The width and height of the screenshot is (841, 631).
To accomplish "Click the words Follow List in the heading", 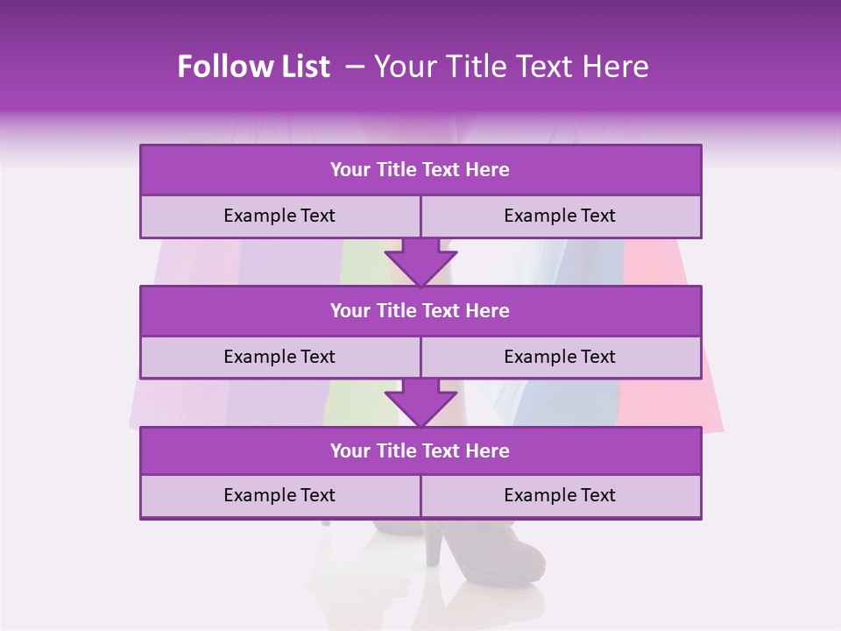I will [253, 67].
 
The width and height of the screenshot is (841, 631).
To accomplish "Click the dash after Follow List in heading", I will [355, 67].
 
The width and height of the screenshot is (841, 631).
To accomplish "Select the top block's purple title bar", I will [420, 170].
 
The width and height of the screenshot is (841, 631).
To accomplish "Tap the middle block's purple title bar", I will [420, 311].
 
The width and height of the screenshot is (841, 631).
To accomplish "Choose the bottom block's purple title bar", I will [420, 451].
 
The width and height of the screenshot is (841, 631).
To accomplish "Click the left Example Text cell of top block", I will [279, 216].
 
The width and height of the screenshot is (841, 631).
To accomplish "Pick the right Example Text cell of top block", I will [561, 216].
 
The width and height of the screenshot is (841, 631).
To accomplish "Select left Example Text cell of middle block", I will [279, 358].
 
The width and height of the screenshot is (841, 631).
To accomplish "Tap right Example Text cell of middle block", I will [561, 358].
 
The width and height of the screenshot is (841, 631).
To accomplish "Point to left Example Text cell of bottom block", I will [279, 496].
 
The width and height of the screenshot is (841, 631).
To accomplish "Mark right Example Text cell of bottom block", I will [561, 496].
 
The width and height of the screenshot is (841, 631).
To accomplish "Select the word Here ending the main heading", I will [617, 67].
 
